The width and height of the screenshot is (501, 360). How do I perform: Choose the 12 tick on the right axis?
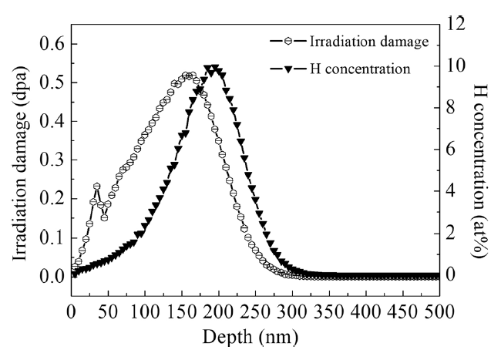click(458, 23)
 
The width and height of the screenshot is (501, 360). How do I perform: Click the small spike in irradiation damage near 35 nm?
click(96, 187)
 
